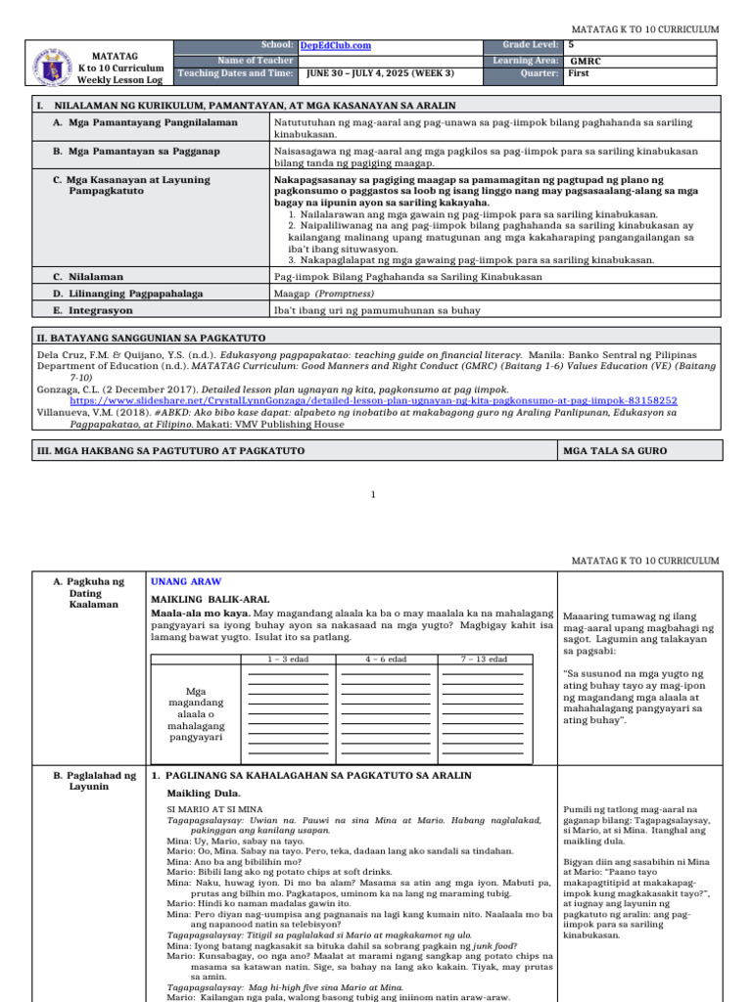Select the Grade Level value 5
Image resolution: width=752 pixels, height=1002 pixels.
(571, 45)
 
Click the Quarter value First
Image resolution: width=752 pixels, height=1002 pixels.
(579, 73)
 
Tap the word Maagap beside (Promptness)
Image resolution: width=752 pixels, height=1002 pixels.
(292, 293)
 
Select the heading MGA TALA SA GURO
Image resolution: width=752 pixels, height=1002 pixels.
(613, 450)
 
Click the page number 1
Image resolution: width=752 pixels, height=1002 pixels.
(373, 495)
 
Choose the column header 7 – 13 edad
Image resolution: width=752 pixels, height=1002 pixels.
(484, 660)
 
